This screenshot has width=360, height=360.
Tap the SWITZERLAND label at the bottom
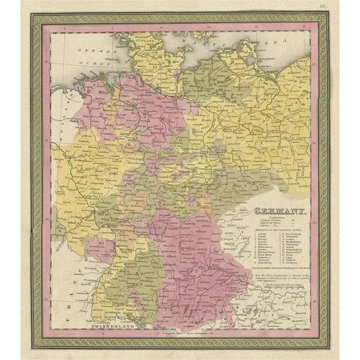(111, 325)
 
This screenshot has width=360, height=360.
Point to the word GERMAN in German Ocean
(87, 49)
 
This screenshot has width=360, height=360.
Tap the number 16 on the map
(108, 106)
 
